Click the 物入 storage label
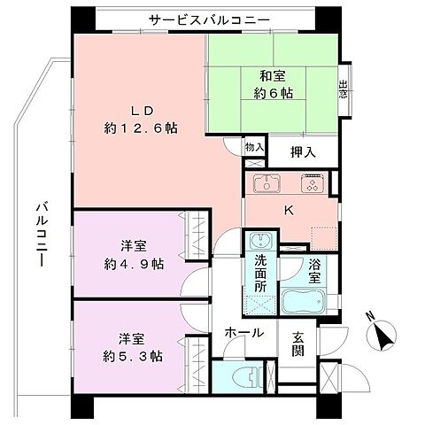click(253, 147)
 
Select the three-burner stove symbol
click(312, 184)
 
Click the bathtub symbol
click(306, 304)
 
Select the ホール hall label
click(242, 333)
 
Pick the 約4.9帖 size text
click(133, 264)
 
